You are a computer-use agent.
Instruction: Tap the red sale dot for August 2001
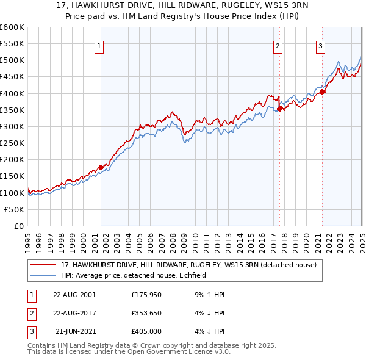tap(101, 167)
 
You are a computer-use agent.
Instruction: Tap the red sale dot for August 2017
tap(279, 109)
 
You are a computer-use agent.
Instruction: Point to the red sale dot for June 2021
tap(323, 92)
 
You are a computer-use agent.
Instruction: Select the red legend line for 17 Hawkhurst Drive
tap(44, 265)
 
